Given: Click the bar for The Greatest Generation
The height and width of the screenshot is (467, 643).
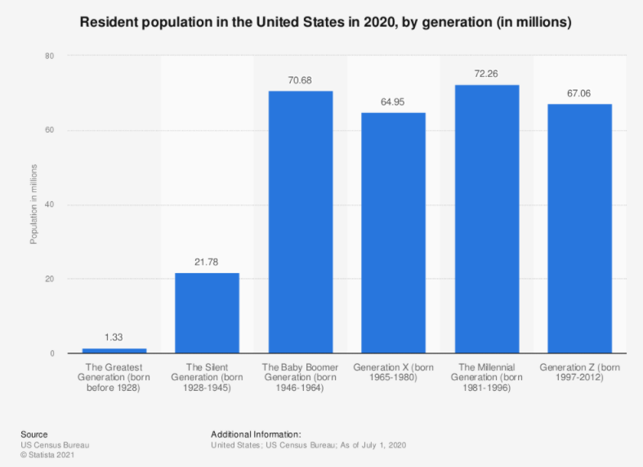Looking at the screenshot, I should point(114,351).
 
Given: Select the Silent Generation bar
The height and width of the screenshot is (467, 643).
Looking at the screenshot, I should point(208,313).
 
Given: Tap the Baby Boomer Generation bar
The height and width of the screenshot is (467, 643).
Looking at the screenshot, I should point(301,222).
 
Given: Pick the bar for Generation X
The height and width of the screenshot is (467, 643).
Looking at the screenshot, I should point(394,233).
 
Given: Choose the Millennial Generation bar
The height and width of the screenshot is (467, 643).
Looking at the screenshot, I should point(487,219).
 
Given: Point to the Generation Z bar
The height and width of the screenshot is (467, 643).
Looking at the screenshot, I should point(579,229).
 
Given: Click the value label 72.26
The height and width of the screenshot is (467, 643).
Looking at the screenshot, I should point(487,74).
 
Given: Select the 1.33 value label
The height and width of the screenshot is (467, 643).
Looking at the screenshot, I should point(114,337).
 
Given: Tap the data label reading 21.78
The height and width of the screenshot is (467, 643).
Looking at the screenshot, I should point(208,262).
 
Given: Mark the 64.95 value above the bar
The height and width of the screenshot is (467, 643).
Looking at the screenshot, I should point(394,101).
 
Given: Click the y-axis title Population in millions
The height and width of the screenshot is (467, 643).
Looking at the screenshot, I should point(33,204).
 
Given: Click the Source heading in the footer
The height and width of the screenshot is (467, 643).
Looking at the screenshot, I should point(34,434).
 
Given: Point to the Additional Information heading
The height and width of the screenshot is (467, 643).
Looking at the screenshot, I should point(256,434).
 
